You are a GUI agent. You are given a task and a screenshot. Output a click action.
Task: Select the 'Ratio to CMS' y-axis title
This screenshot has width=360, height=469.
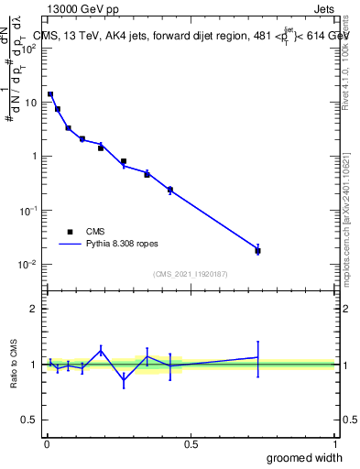click(16, 364)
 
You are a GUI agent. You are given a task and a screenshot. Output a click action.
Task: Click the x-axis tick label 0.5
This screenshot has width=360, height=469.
click(191, 442)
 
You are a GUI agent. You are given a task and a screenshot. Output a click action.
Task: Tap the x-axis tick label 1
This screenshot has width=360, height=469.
click(335, 442)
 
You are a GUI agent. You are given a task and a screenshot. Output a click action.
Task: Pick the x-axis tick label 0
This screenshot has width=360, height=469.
click(47, 442)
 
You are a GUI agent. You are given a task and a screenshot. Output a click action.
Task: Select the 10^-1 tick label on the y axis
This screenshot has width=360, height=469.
click(30, 211)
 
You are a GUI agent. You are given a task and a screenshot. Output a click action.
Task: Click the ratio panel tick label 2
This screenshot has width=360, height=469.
click(36, 309)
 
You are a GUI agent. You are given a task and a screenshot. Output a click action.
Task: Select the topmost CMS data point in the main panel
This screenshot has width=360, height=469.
click(50, 94)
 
